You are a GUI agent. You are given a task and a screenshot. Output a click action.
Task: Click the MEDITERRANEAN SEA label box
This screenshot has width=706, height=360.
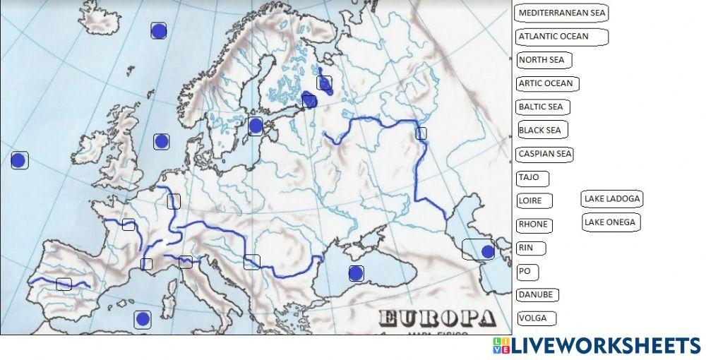pyautogui.click(x=561, y=13)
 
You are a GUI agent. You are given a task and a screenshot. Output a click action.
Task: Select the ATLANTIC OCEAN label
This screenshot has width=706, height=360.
pyautogui.click(x=561, y=36)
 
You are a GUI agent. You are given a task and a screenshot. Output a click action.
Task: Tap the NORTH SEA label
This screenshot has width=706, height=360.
pyautogui.click(x=544, y=60)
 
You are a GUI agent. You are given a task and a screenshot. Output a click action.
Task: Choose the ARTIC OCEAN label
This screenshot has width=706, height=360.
pyautogui.click(x=548, y=83)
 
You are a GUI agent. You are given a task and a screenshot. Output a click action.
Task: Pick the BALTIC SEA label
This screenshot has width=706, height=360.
pyautogui.click(x=543, y=107)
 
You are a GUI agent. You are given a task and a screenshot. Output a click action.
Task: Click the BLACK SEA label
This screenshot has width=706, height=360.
pyautogui.click(x=542, y=130)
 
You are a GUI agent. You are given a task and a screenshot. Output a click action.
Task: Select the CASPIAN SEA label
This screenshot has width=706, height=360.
pyautogui.click(x=544, y=153)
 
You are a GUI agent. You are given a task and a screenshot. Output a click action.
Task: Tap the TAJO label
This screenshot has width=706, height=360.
pyautogui.click(x=532, y=178)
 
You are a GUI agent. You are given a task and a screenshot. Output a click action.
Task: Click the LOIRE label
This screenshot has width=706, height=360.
pyautogui.click(x=534, y=200)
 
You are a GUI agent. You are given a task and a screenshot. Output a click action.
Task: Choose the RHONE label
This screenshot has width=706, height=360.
pyautogui.click(x=534, y=224)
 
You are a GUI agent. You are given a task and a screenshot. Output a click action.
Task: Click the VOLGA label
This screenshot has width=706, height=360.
pyautogui.click(x=536, y=318)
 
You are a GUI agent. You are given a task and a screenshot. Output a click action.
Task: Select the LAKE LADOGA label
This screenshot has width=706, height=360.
pyautogui.click(x=612, y=199)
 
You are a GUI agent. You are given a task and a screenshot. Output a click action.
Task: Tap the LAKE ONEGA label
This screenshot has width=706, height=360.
pyautogui.click(x=611, y=222)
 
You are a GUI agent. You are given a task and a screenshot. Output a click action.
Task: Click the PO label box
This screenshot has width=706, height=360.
pyautogui.click(x=527, y=271)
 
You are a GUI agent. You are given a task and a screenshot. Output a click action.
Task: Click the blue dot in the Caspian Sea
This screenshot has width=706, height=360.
pyautogui.click(x=487, y=251)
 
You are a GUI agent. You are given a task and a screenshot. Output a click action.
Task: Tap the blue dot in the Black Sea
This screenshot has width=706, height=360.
pyautogui.click(x=356, y=273)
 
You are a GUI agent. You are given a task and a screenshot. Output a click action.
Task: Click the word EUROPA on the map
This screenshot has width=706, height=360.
pyautogui.click(x=437, y=318)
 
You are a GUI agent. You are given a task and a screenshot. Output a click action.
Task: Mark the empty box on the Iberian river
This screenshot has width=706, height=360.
pyautogui.click(x=64, y=284)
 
